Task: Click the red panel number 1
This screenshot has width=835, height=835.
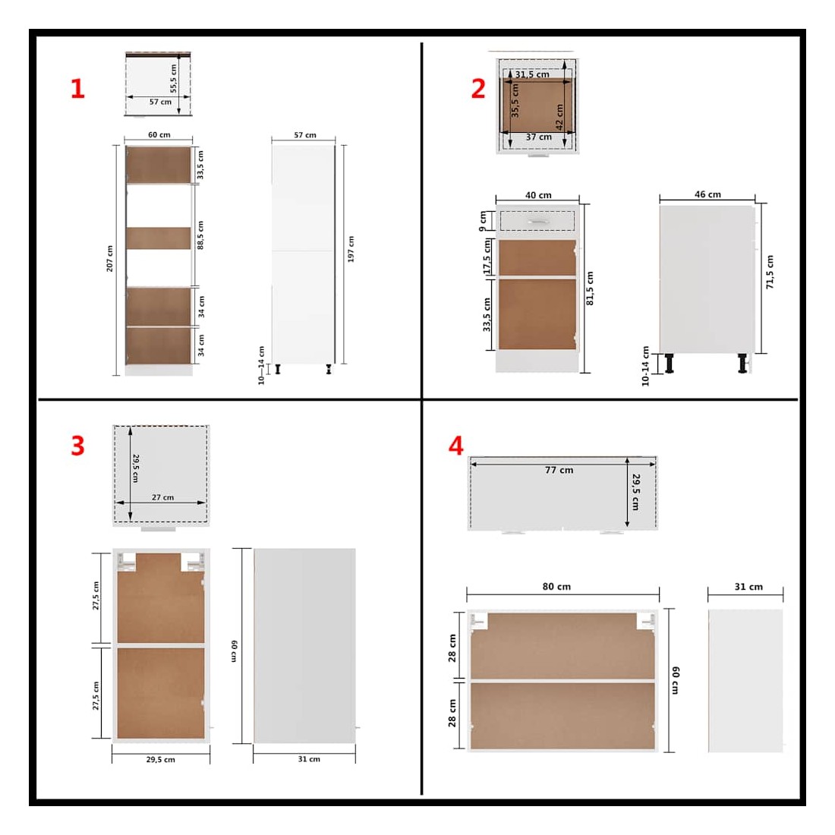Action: click(x=77, y=88)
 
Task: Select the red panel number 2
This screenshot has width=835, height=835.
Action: click(x=478, y=88)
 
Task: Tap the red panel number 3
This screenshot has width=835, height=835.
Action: click(x=77, y=446)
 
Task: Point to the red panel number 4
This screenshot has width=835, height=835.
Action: click(x=456, y=446)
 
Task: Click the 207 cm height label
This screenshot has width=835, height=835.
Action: click(x=110, y=259)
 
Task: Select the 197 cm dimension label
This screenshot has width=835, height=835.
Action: click(x=351, y=249)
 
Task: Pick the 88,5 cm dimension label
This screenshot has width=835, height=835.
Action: click(x=200, y=235)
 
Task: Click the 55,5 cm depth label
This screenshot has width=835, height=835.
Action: click(x=173, y=79)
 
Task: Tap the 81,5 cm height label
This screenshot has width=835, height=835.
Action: click(x=590, y=288)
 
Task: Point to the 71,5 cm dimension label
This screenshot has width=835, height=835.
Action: click(x=770, y=272)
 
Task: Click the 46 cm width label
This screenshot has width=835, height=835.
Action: click(x=707, y=194)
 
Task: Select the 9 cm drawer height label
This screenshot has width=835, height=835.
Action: click(x=483, y=221)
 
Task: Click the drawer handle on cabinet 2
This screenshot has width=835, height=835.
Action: click(x=538, y=221)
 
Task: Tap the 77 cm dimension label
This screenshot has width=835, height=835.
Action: click(x=559, y=470)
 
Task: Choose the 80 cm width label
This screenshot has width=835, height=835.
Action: click(x=556, y=586)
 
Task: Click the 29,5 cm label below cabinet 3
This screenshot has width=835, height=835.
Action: click(x=161, y=759)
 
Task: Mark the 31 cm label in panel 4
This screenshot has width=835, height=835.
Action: click(x=748, y=587)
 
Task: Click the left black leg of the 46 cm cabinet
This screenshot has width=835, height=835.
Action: click(x=670, y=363)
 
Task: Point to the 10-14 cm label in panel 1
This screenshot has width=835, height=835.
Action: click(x=261, y=365)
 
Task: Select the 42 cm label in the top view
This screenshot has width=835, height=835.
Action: click(x=559, y=117)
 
